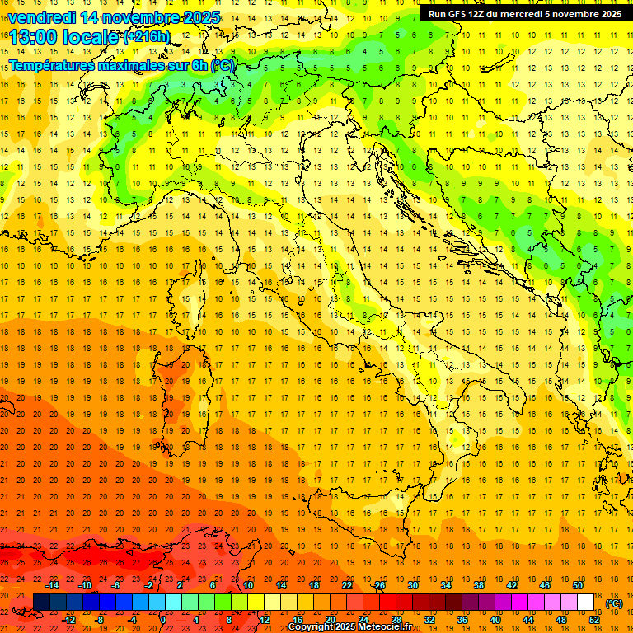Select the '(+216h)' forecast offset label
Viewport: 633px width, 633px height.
(147, 37)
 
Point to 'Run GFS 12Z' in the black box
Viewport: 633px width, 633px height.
(462, 14)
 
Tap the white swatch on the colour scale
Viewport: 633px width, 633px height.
(585, 602)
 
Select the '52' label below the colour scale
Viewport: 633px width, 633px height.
(594, 619)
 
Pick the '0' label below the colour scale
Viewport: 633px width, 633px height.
(163, 619)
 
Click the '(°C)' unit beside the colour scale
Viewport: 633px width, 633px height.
(614, 603)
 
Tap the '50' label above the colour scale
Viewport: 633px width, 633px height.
(578, 585)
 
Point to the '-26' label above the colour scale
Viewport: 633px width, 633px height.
(378, 585)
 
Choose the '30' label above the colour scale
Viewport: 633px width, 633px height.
(412, 585)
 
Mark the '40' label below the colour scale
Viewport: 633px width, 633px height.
(495, 619)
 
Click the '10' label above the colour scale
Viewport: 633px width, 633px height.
(247, 585)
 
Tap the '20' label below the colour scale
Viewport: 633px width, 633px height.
(330, 619)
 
